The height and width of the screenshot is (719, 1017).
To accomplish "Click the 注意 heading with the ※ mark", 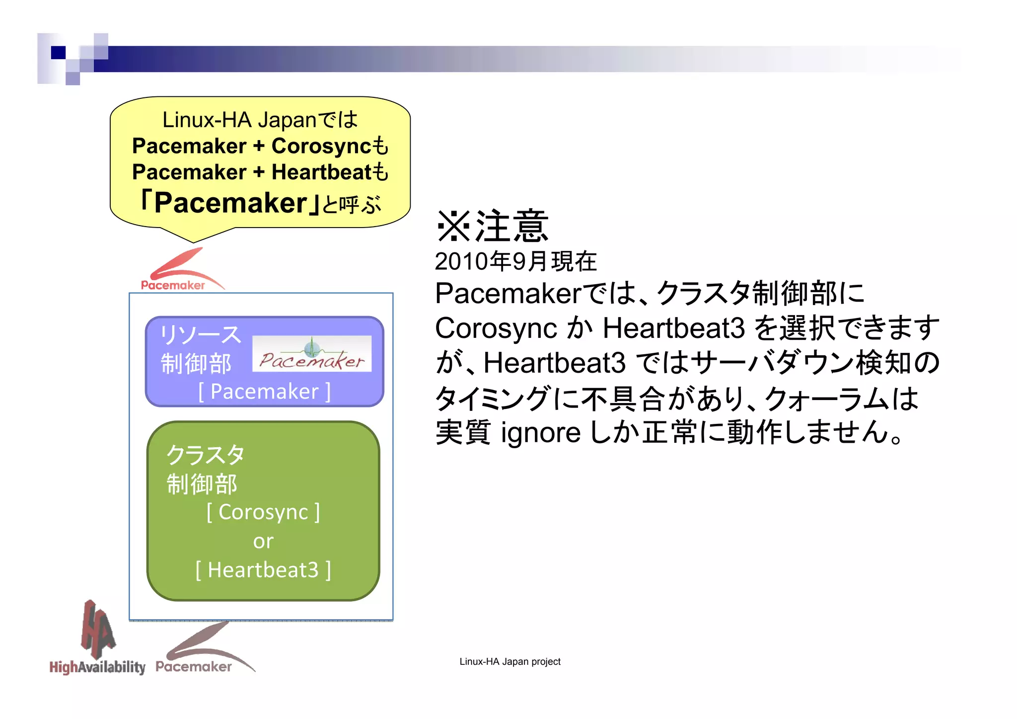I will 492,226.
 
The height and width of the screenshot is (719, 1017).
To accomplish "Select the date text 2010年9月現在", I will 515,261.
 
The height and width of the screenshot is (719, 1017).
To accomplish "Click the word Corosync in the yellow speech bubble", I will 320,146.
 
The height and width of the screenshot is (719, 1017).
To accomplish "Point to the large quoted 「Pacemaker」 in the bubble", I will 231,203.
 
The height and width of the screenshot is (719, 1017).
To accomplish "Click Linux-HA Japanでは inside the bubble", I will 260,120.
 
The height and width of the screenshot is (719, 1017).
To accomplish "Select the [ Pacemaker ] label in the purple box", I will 264,392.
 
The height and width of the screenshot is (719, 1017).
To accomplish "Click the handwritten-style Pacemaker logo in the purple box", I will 311,354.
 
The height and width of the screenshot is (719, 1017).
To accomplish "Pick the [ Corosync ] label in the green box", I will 263,512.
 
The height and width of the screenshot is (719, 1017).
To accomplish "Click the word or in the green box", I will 263,541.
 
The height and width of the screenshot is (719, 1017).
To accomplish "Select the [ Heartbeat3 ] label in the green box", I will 263,570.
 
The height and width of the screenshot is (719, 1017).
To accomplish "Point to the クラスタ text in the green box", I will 205,455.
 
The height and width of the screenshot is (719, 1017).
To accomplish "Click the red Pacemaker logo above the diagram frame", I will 179,271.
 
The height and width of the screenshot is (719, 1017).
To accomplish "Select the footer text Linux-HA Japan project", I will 509,662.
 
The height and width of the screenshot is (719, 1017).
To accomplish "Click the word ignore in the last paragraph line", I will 540,433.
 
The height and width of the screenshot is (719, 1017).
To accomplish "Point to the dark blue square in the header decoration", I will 58,53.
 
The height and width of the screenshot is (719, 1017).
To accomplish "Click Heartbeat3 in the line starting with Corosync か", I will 673,328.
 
